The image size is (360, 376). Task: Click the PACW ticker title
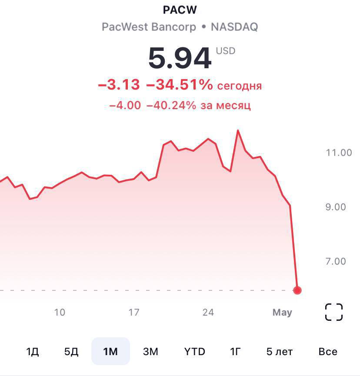pyautogui.click(x=180, y=10)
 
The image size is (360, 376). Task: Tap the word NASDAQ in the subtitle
pyautogui.click(x=234, y=27)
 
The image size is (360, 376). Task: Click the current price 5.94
pyautogui.click(x=180, y=58)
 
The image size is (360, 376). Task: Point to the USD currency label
pyautogui.click(x=226, y=51)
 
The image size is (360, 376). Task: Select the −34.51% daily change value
pyautogui.click(x=180, y=85)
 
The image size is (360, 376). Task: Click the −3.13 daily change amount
pyautogui.click(x=119, y=85)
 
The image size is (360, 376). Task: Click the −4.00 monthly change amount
pyautogui.click(x=125, y=105)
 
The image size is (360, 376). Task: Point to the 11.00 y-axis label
pyautogui.click(x=339, y=153)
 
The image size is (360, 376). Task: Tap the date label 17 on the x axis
pyautogui.click(x=134, y=312)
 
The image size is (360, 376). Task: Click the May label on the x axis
pyautogui.click(x=282, y=312)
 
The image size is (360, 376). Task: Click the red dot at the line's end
pyautogui.click(x=297, y=290)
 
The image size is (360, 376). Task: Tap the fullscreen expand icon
pyautogui.click(x=334, y=312)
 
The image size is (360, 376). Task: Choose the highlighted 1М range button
pyautogui.click(x=110, y=351)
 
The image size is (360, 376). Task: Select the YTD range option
pyautogui.click(x=194, y=351)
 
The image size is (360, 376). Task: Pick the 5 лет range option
pyautogui.click(x=280, y=351)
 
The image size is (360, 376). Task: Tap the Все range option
pyautogui.click(x=327, y=351)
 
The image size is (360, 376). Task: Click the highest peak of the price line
pyautogui.click(x=238, y=130)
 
